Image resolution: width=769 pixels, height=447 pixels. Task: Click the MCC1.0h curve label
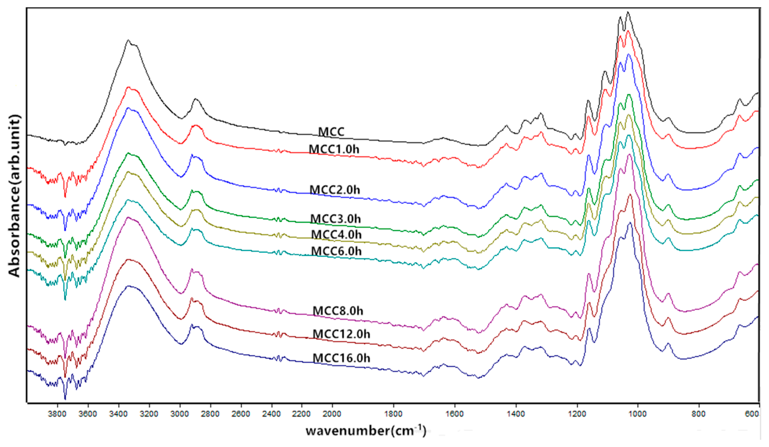(334, 149)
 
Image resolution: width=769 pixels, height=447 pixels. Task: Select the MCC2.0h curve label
(335, 190)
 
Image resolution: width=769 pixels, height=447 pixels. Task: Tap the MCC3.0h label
(335, 219)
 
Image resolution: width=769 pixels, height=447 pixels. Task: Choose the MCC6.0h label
(336, 251)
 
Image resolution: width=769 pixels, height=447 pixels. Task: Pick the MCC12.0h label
(342, 334)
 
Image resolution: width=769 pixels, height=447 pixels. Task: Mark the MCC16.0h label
(342, 358)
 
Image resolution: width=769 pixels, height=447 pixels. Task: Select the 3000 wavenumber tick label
(180, 414)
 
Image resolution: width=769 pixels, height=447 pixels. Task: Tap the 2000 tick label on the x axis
(332, 414)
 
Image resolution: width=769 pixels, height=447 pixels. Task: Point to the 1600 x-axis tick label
(455, 414)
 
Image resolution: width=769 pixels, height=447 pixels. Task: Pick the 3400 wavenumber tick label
(118, 414)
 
